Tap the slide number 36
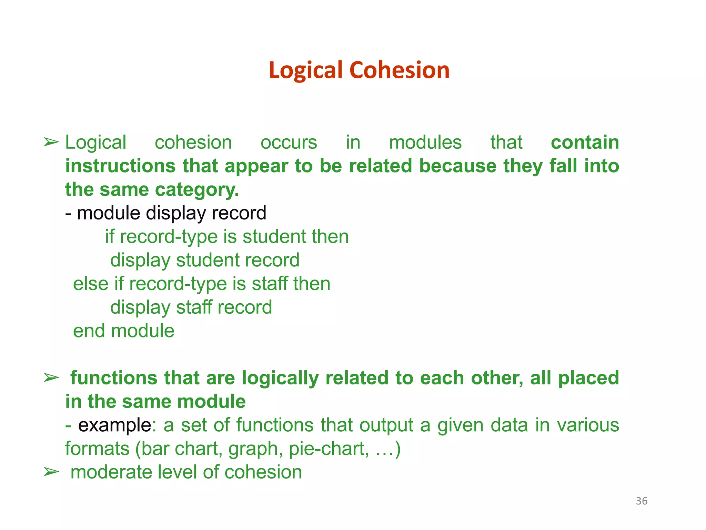642,501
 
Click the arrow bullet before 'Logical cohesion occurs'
51,142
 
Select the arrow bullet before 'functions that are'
51,378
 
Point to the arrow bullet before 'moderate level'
51,472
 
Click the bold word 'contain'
585,143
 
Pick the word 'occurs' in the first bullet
289,143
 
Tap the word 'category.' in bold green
197,190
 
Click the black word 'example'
114,425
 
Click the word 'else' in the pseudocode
90,284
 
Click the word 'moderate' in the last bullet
111,472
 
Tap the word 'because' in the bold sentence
458,166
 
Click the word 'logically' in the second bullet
280,378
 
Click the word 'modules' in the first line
425,143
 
